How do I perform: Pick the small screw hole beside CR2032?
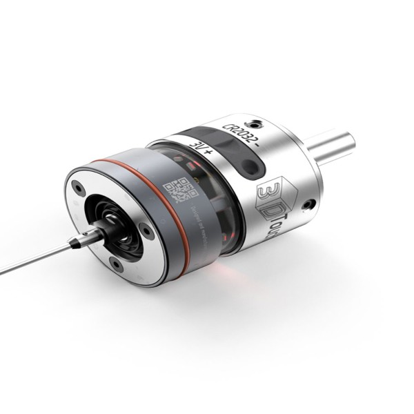tap(257, 124)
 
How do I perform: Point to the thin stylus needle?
tap(34, 259)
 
